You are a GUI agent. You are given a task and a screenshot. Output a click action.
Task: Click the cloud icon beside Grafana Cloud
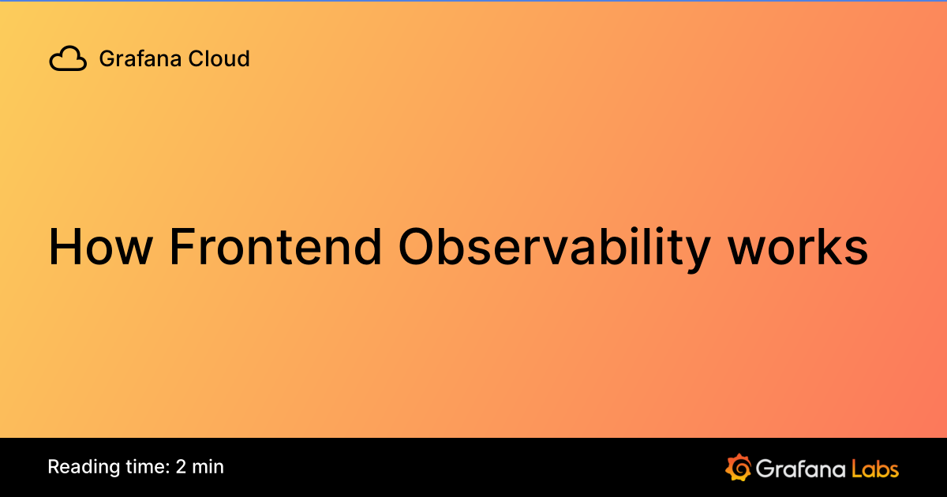coord(68,58)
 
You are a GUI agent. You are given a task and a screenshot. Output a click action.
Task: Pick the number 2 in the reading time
coord(182,467)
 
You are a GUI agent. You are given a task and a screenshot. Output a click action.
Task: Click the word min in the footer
coord(208,467)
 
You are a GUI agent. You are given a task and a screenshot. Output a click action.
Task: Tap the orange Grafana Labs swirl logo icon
coord(738,467)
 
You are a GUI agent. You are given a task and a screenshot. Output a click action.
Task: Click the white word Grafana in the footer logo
coord(800,468)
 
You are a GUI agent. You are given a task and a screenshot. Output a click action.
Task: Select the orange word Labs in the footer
coord(875,468)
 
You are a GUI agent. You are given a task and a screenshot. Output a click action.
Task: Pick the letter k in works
coord(833,247)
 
